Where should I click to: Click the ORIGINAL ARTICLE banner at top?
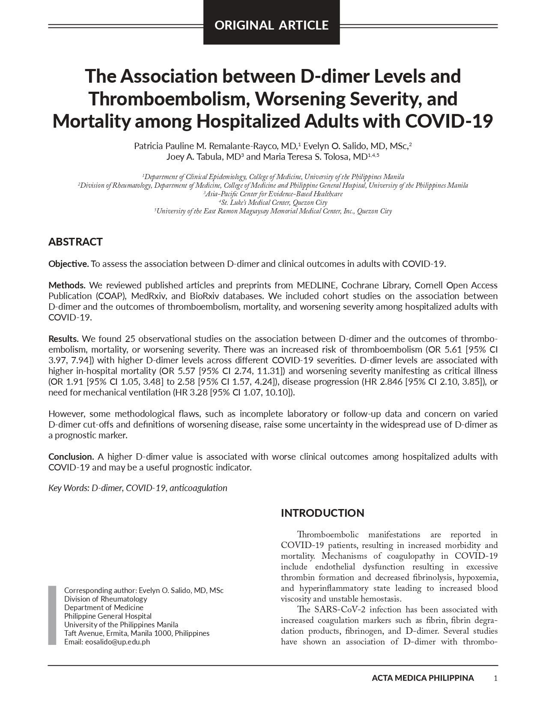coord(272,25)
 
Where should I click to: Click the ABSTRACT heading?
coord(75,242)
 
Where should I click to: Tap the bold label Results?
coord(63,339)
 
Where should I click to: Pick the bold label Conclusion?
coord(71,457)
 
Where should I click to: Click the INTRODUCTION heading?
coord(322,513)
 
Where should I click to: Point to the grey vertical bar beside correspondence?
coord(52,615)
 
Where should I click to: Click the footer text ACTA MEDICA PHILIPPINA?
coord(423,678)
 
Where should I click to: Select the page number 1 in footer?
coord(495,678)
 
